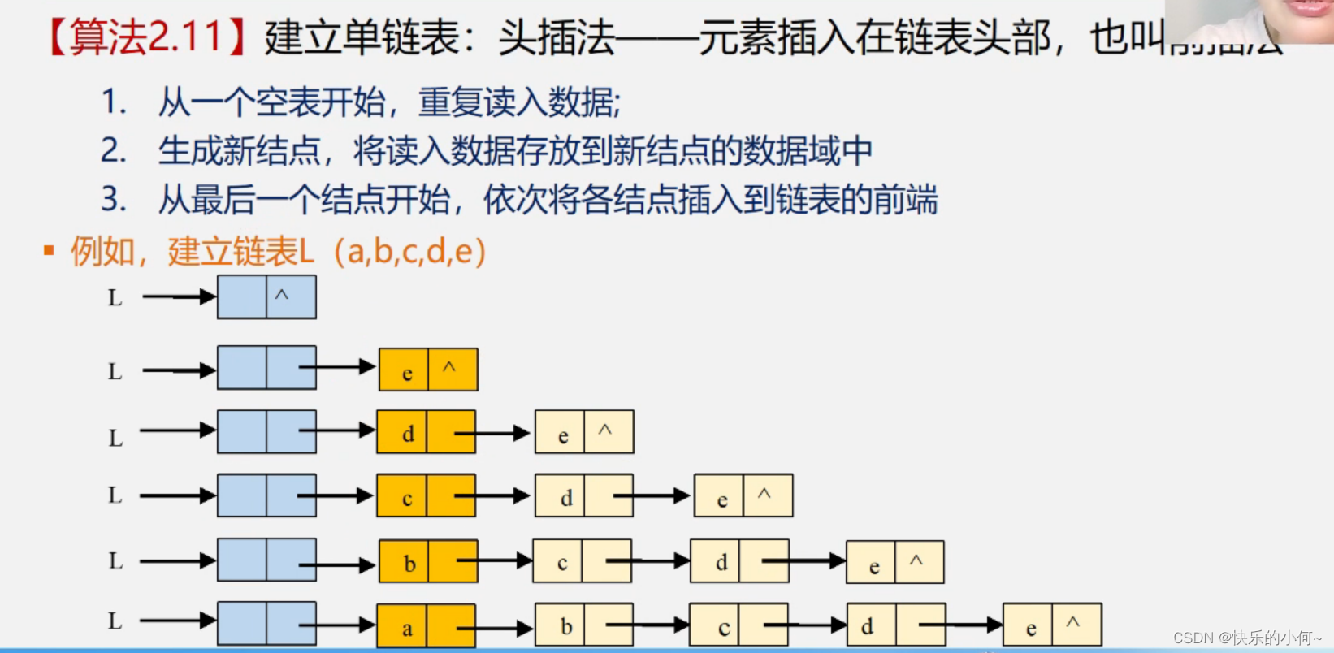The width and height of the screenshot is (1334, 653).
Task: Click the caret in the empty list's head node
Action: point(282,296)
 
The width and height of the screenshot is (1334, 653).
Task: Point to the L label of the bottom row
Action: point(115,621)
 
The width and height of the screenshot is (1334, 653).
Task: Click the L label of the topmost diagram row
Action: point(115,297)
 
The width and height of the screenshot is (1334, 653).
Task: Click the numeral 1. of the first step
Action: point(114,102)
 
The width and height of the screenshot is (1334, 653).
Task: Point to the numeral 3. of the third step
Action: point(114,200)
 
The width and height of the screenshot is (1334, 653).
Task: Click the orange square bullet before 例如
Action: point(49,251)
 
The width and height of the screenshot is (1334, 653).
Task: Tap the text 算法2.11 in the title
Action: point(145,37)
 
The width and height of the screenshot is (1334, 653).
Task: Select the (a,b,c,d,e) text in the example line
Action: point(409,251)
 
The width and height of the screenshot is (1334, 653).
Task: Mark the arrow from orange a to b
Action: point(496,628)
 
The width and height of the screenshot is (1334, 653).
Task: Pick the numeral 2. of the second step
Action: point(114,151)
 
